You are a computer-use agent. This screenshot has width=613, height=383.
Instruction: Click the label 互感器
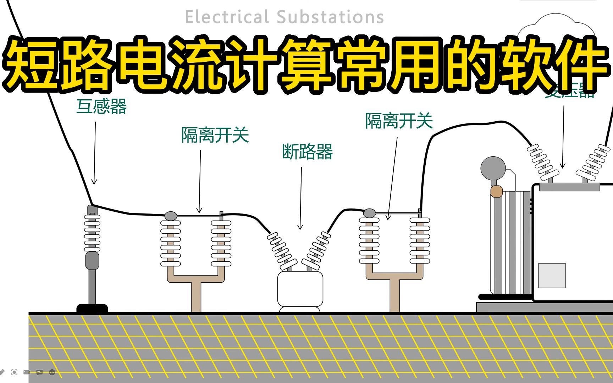(x=101, y=106)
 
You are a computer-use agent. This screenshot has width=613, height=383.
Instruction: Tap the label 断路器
(x=307, y=152)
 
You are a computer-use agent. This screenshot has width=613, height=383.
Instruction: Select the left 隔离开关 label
(x=215, y=135)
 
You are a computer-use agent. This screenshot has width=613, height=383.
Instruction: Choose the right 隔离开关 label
(x=399, y=121)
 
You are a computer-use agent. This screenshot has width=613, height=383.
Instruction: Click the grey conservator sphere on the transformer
(x=493, y=169)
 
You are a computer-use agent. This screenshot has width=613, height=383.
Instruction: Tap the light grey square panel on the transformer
(x=552, y=276)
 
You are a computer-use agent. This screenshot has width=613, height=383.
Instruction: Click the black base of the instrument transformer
(x=92, y=308)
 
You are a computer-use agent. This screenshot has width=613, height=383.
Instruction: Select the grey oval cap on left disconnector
(x=171, y=215)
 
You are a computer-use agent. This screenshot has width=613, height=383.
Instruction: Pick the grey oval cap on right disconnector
(x=369, y=213)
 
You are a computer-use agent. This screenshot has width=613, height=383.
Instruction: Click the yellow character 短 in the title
(x=30, y=64)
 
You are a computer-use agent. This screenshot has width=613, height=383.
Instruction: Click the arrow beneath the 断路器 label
(x=301, y=199)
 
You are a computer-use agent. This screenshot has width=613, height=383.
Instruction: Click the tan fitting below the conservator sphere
(x=497, y=191)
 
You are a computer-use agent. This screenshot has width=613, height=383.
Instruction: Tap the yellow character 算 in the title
(x=307, y=64)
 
